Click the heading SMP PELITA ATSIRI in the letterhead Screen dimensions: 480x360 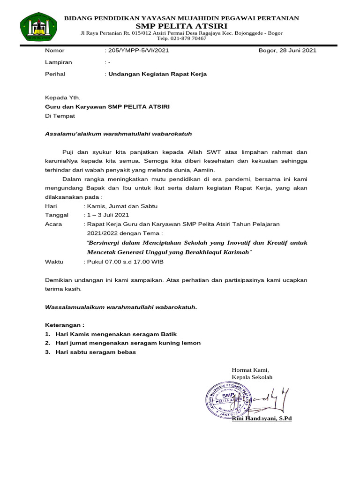click(181, 25)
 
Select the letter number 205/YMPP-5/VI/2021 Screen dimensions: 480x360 click(139, 51)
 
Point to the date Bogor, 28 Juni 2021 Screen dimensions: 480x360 click(287, 51)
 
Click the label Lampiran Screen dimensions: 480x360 click(58, 62)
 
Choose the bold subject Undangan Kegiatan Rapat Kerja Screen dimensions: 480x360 click(157, 74)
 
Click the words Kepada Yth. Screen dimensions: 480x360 click(62, 98)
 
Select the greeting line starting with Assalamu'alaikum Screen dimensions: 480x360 click(118, 134)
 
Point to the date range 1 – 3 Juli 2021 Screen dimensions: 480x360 click(108, 215)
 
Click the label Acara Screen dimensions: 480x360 click(53, 224)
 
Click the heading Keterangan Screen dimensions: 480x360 click(64, 325)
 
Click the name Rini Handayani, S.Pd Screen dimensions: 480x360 click(262, 418)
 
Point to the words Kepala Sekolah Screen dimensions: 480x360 click(252, 377)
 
